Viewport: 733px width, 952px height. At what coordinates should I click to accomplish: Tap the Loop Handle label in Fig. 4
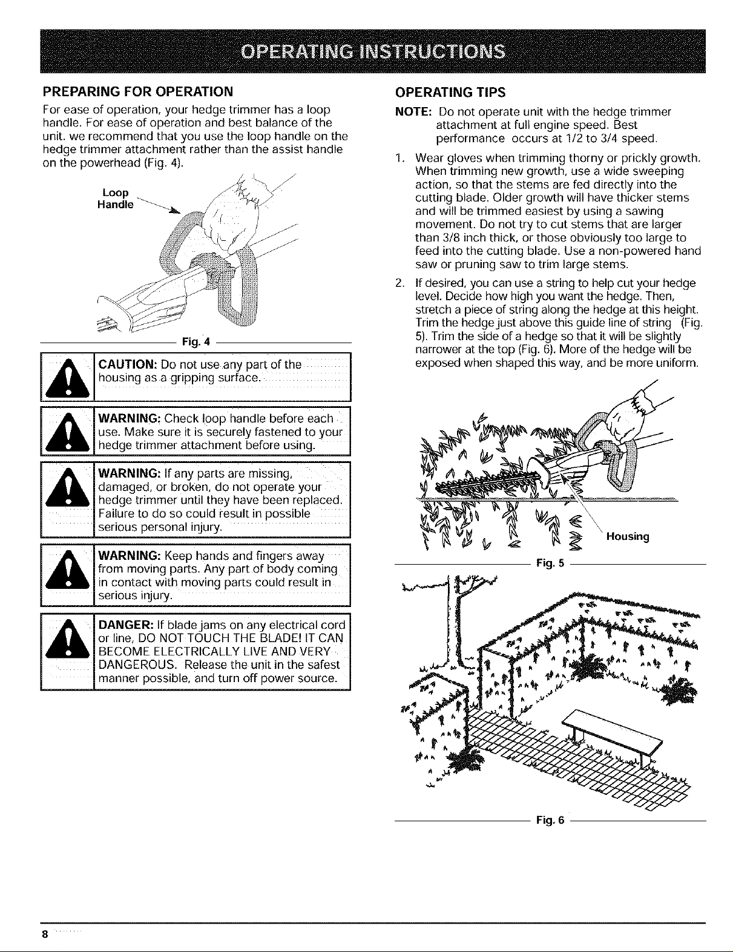coord(115,199)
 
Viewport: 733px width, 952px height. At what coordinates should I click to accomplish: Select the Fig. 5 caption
coord(550,564)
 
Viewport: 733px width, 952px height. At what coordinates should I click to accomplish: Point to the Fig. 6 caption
coord(550,820)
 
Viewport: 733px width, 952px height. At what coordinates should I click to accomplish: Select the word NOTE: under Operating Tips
coord(413,113)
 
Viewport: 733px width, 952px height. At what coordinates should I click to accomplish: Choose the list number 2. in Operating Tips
coord(398,283)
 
